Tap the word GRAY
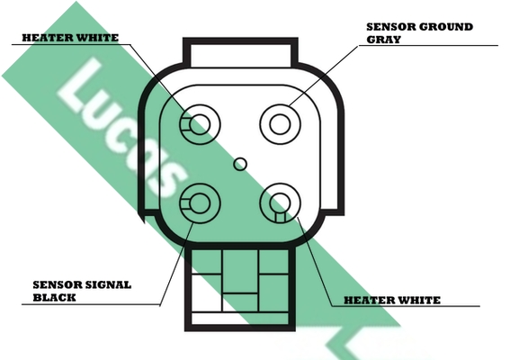[383, 40]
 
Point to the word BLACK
[54, 298]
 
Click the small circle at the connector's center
[240, 164]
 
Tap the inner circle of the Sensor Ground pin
[280, 124]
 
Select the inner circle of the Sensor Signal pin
[200, 203]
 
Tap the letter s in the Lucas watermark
[165, 181]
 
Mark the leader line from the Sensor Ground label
[323, 76]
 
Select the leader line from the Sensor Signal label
[176, 265]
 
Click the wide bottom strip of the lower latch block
[240, 319]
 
